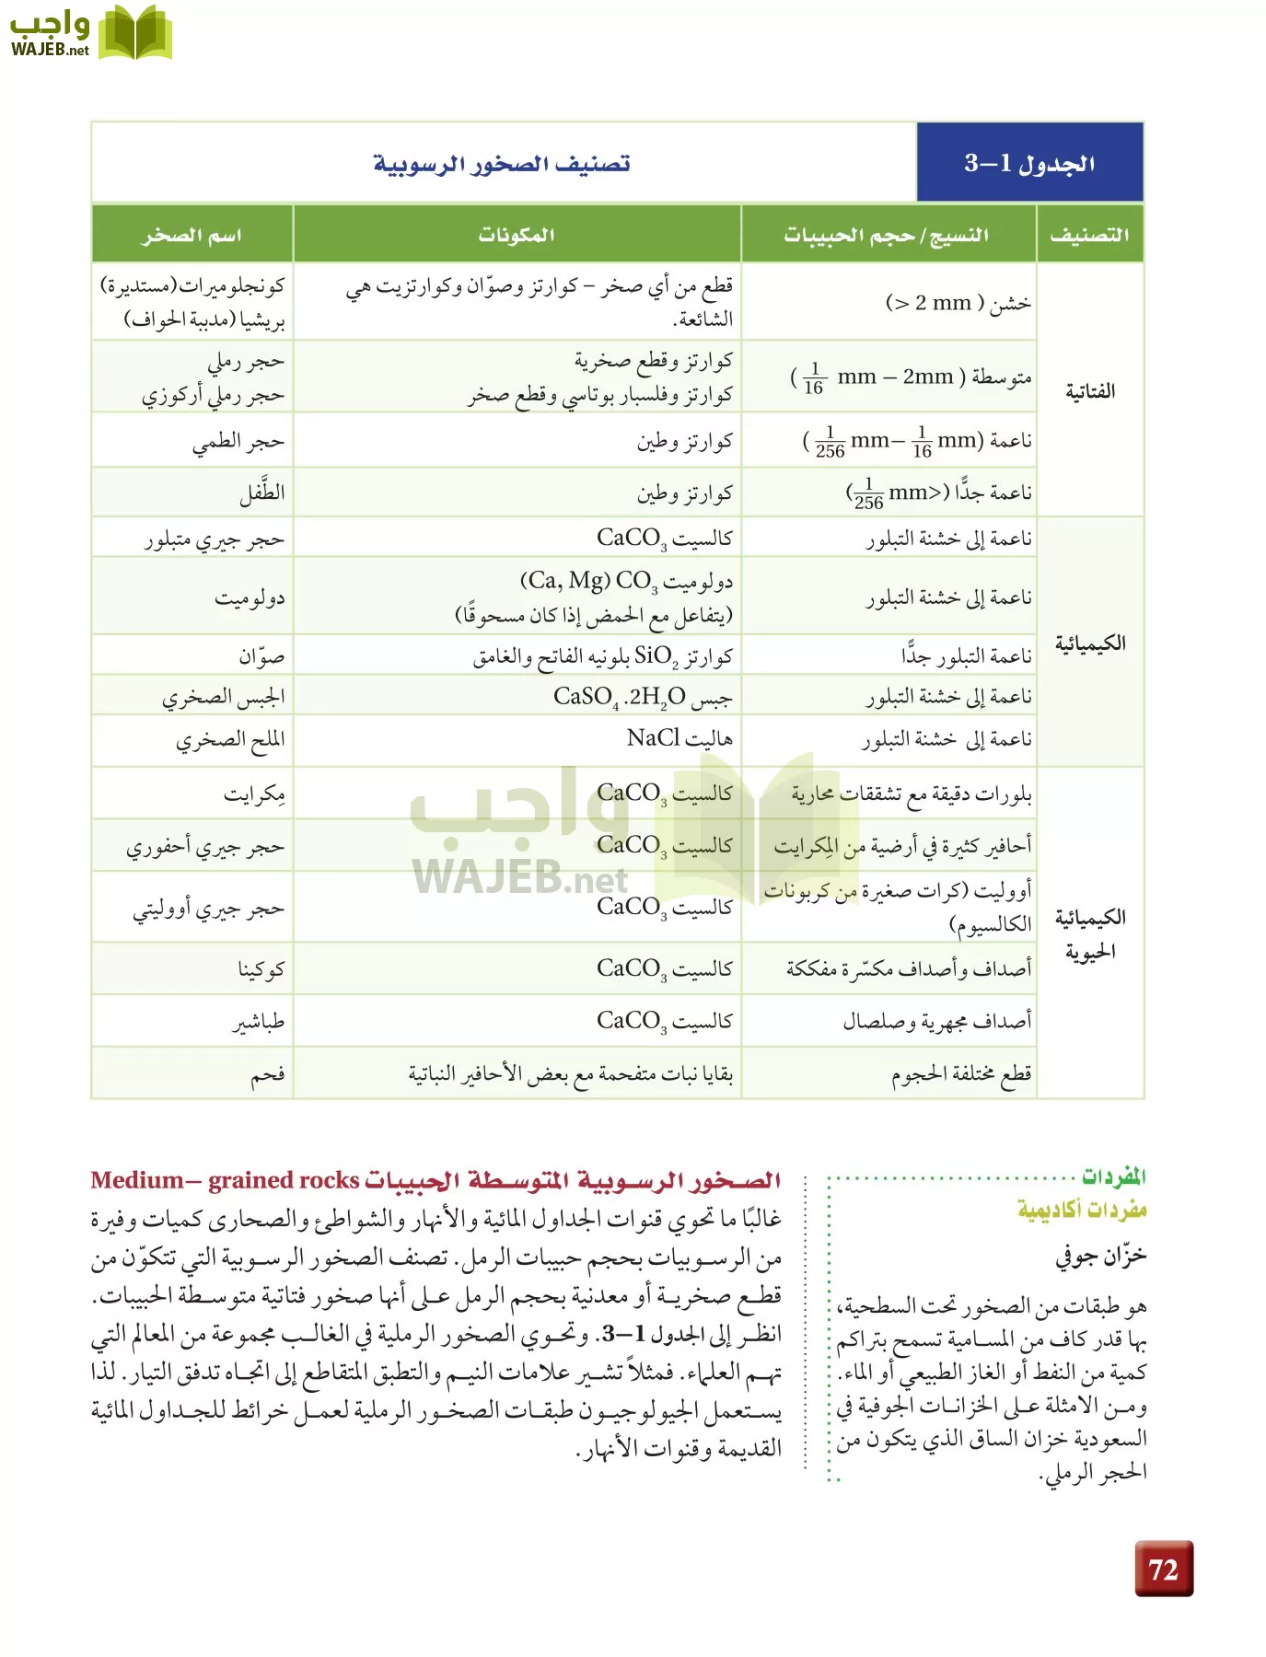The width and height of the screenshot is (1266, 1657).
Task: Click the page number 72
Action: (x=1164, y=1569)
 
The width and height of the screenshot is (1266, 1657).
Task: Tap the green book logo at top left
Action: (x=135, y=33)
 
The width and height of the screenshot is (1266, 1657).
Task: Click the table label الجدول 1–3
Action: (x=1029, y=163)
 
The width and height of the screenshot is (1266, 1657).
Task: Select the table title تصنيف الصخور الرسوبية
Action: (x=502, y=164)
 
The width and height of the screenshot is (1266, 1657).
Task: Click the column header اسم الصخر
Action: (x=192, y=235)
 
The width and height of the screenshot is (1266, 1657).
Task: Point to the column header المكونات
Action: (x=516, y=235)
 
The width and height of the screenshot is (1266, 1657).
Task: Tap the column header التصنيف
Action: (x=1089, y=235)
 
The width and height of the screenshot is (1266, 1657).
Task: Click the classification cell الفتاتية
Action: (x=1090, y=391)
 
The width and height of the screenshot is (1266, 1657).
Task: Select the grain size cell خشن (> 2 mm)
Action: (x=958, y=303)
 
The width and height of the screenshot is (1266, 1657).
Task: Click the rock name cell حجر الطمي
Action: (x=238, y=442)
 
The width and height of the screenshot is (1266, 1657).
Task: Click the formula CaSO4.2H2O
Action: (x=620, y=697)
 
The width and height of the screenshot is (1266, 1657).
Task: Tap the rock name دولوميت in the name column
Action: (x=250, y=597)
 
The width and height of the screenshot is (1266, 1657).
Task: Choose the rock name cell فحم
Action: (x=268, y=1073)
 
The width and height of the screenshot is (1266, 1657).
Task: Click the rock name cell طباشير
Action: (x=259, y=1021)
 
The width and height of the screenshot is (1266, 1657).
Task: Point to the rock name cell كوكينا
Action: (x=261, y=968)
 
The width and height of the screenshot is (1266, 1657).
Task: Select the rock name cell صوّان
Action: (x=261, y=655)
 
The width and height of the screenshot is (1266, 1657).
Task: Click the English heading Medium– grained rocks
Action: (x=225, y=1180)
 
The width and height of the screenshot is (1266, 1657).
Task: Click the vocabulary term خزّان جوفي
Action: (x=1100, y=1256)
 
